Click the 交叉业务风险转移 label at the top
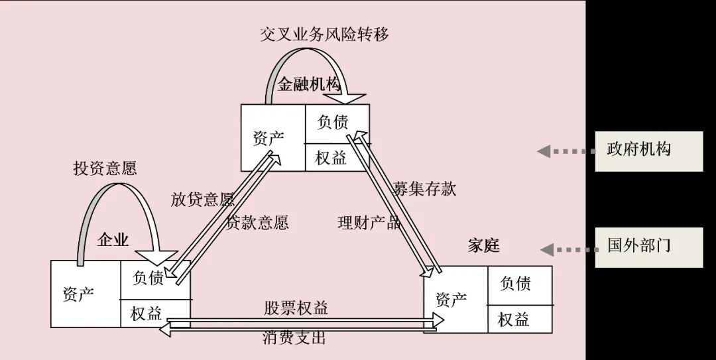tap(324, 34)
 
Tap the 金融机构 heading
tap(308, 84)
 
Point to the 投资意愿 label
tap(105, 168)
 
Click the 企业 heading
tap(113, 239)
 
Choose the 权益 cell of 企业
tap(147, 314)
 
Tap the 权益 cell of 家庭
tap(514, 320)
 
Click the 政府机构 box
tap(648, 151)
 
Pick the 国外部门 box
tap(648, 246)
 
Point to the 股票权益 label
tap(296, 308)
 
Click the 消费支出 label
tap(294, 337)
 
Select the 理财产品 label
tap(369, 223)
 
